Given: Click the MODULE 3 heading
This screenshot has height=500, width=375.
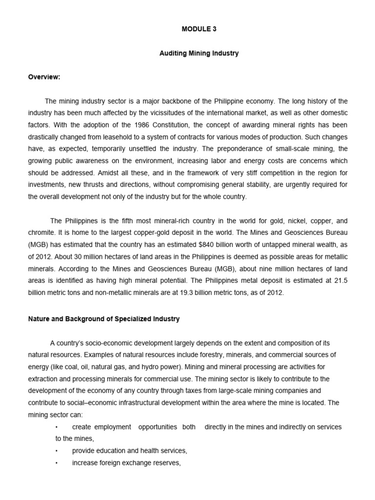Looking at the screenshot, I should (x=199, y=29).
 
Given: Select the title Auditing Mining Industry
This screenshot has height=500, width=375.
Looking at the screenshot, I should (x=199, y=53).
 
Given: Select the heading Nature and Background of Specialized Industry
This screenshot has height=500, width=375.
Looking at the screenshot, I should (x=104, y=319).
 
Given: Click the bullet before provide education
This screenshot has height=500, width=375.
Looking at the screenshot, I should (x=57, y=451).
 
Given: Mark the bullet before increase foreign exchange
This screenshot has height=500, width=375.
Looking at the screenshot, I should (x=57, y=462).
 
